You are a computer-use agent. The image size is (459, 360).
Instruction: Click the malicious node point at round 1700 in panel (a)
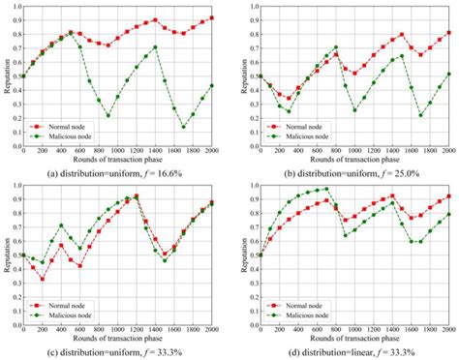(184, 127)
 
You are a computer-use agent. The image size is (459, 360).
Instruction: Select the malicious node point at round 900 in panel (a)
(108, 116)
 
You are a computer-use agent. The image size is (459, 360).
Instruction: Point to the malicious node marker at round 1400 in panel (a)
(156, 46)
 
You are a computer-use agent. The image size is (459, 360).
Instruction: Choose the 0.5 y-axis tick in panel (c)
(15, 255)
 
